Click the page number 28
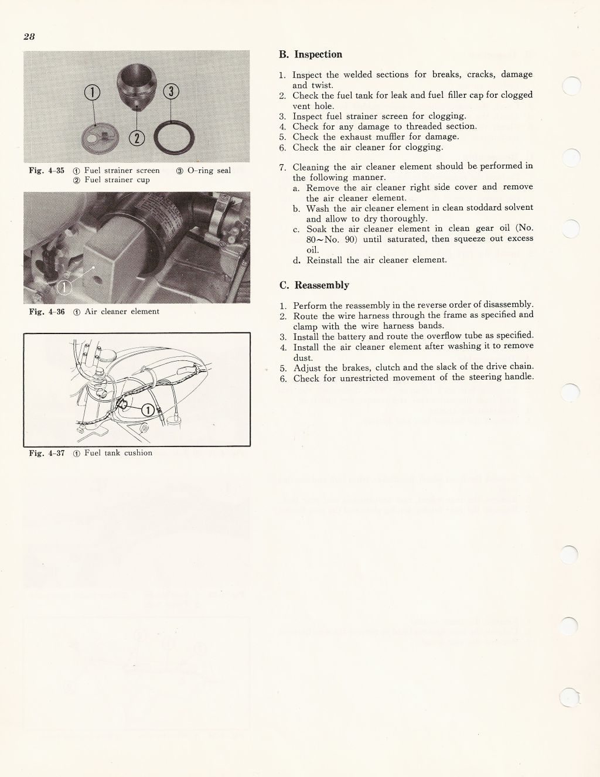(x=29, y=36)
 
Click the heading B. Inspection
(x=311, y=54)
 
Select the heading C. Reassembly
(x=314, y=285)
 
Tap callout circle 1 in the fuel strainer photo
(x=93, y=92)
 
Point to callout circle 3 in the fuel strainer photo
(x=171, y=91)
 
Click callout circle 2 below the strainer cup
(x=136, y=138)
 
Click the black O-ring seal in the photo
(x=171, y=140)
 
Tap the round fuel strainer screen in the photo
(x=97, y=137)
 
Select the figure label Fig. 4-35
(x=46, y=171)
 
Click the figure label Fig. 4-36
(x=46, y=312)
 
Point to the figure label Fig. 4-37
(x=46, y=453)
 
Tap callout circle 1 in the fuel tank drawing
(x=149, y=410)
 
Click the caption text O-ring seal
(x=209, y=171)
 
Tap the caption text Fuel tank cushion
(x=118, y=453)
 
